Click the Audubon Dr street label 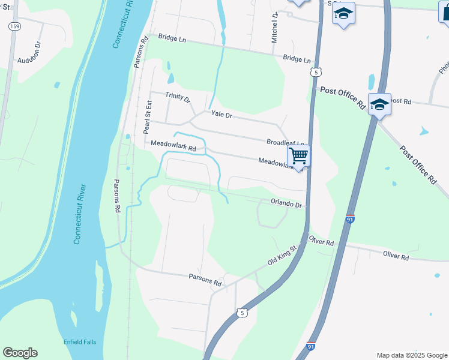coord(32,61)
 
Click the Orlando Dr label coord(285,204)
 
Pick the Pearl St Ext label coord(146,116)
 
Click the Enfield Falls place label coord(80,342)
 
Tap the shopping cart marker coord(298,156)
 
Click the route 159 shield coord(14,28)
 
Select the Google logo coord(20,353)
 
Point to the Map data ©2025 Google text coord(411,355)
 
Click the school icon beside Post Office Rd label coord(379,105)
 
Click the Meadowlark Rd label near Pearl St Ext coord(173,146)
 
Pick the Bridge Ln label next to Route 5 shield coord(297,59)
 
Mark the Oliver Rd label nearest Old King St coord(321,241)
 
